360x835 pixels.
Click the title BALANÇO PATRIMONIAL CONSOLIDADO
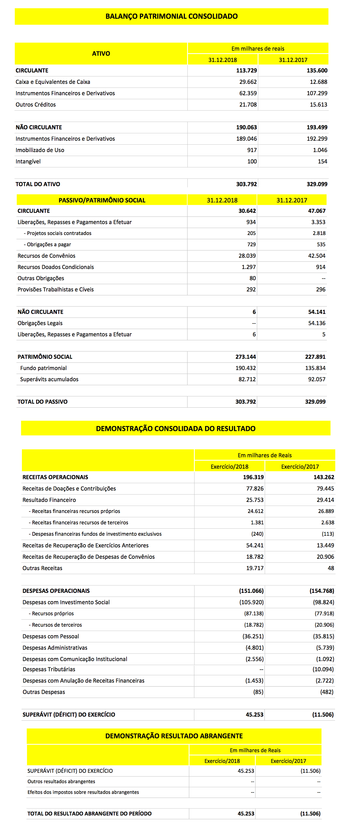point(171,16)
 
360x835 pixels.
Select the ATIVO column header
point(101,53)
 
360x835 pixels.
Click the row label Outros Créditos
point(36,105)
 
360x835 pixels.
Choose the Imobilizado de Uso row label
point(40,150)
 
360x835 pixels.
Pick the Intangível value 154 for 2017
point(322,161)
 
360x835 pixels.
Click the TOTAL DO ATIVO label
point(38,184)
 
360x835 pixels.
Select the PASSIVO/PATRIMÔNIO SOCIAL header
point(102,200)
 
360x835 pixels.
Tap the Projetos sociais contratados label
point(59,233)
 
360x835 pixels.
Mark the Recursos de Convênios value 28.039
point(247,256)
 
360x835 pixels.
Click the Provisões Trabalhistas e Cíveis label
point(55,289)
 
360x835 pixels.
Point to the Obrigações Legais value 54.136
point(316,323)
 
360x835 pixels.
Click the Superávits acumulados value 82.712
point(247,379)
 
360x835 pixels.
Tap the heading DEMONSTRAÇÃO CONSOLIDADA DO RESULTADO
point(175,429)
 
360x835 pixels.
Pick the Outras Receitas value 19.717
point(255,568)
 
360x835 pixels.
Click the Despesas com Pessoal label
point(51,636)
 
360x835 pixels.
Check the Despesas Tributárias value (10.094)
point(323,669)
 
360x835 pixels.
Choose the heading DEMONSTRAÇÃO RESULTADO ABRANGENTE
point(174,736)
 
